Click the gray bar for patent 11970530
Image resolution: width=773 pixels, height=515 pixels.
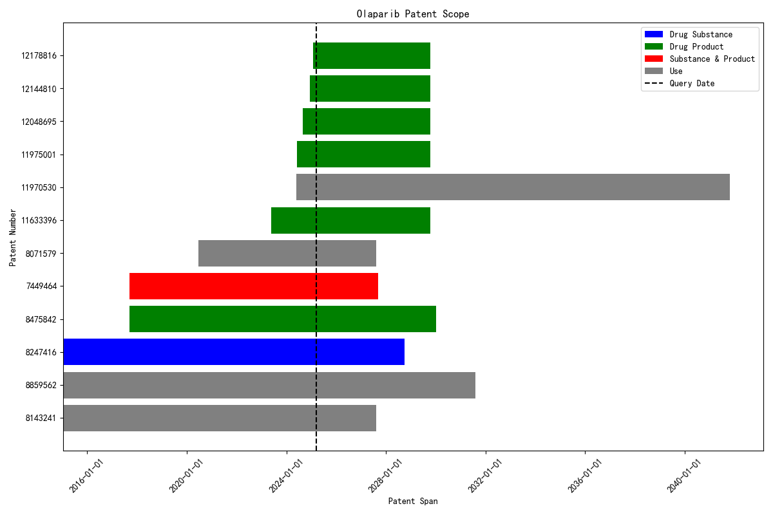(513, 187)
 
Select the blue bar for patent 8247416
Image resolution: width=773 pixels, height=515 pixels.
(234, 351)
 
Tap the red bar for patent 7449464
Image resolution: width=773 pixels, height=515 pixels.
(254, 286)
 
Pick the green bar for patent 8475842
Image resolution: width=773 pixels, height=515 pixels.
(283, 319)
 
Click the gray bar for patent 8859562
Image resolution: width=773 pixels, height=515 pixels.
(269, 385)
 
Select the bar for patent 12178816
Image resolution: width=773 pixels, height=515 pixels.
(372, 55)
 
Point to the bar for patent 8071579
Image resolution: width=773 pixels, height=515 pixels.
(287, 253)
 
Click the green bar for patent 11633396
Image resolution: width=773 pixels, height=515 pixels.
(350, 220)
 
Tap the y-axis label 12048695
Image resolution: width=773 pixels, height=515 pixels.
(39, 122)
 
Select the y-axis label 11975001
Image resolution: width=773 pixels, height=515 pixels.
(39, 154)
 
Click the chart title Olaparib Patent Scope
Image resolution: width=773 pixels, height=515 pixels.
(413, 14)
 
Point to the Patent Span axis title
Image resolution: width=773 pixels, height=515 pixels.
(413, 501)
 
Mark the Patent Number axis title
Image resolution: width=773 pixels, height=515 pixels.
(12, 237)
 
